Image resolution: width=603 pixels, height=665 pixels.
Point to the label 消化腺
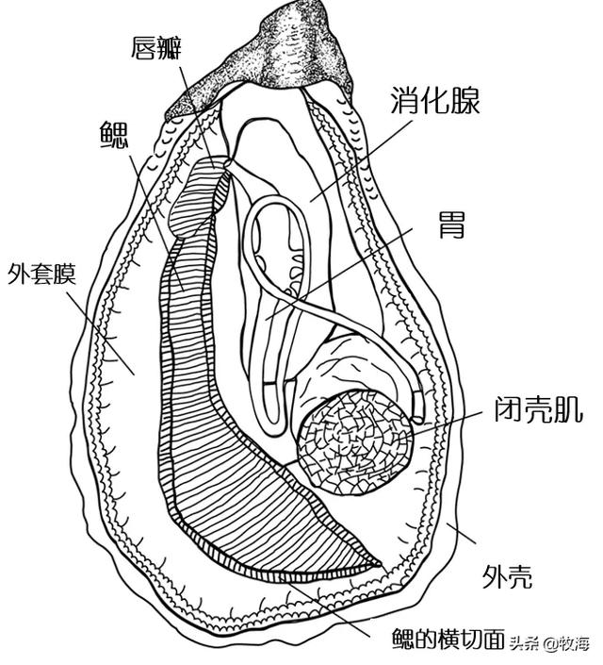pos(436,101)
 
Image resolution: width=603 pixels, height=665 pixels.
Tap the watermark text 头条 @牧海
pos(549,644)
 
